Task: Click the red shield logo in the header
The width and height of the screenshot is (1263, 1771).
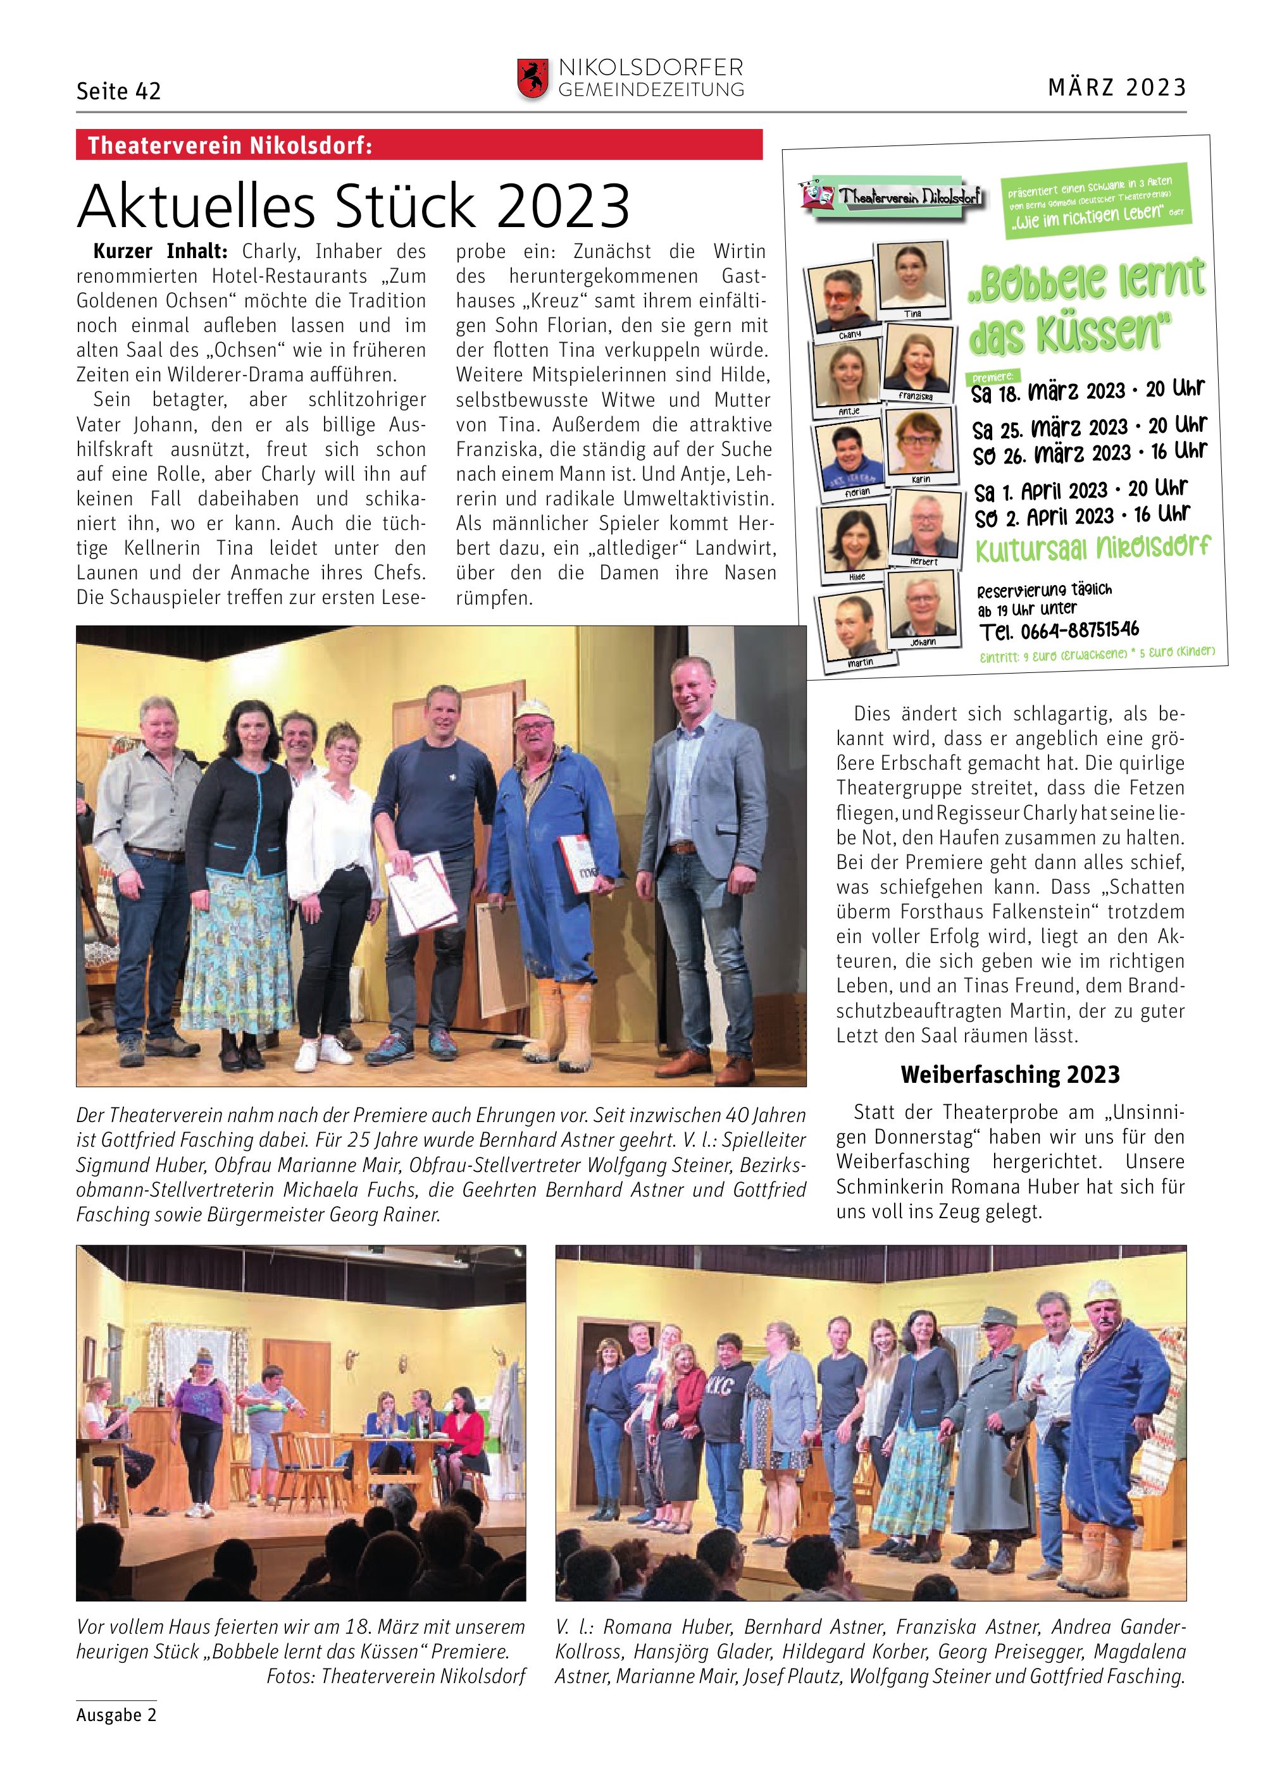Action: [x=532, y=79]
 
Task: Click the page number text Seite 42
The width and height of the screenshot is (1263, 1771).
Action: [x=118, y=92]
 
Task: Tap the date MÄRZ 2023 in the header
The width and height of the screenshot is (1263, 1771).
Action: [x=1117, y=87]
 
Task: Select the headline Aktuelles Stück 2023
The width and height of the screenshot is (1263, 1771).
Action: [x=353, y=205]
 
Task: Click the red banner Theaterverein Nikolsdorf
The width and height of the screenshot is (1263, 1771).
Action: [x=418, y=145]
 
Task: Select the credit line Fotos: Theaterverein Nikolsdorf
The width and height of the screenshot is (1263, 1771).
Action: [x=396, y=1675]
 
